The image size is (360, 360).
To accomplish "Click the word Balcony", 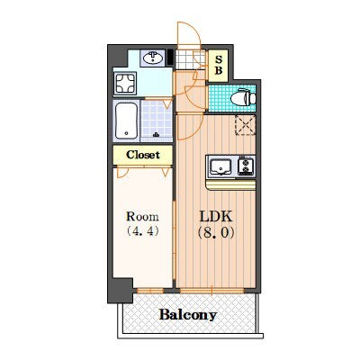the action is (x=188, y=315).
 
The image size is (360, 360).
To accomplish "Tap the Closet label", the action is (x=143, y=155).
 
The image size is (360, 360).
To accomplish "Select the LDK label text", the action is (x=216, y=216).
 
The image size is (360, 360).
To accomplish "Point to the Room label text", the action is (x=142, y=216).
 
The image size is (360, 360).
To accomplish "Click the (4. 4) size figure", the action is (x=142, y=231).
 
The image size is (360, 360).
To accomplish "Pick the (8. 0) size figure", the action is (x=216, y=232).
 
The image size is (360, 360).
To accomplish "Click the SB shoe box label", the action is (x=219, y=66).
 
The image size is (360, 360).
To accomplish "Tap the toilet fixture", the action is (x=243, y=97).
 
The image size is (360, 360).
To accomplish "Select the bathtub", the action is (x=127, y=121).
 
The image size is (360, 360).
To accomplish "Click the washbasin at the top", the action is (x=153, y=58).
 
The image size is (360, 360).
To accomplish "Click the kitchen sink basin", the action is (x=220, y=166).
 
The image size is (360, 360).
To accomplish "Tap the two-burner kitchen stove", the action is (x=246, y=166).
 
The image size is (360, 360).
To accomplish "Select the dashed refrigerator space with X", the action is (x=245, y=125).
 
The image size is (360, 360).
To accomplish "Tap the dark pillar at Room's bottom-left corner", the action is (x=121, y=290).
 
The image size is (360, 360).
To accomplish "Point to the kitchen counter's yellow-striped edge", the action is (x=231, y=185).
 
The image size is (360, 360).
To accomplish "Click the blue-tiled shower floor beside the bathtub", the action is (x=157, y=120).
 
